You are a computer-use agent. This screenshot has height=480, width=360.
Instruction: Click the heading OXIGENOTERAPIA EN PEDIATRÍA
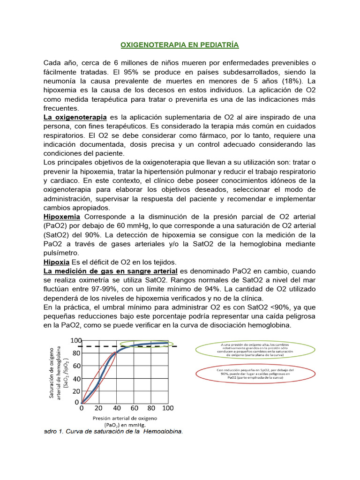point(180,45)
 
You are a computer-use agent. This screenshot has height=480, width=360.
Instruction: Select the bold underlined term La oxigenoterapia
point(75,117)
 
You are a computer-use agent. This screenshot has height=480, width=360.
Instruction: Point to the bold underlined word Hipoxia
point(56,262)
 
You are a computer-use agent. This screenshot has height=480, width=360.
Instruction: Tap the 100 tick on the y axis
point(75,340)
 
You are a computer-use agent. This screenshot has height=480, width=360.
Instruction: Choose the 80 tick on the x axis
point(150,408)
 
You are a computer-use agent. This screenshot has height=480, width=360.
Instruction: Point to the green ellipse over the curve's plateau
point(143,345)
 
